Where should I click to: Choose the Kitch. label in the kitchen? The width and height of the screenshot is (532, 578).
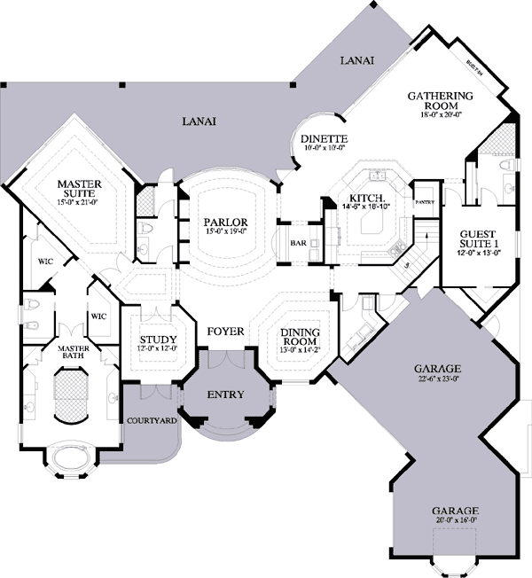click(x=366, y=198)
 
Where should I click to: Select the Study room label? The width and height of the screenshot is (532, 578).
click(x=159, y=340)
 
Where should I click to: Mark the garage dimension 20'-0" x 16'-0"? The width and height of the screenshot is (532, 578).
click(x=456, y=522)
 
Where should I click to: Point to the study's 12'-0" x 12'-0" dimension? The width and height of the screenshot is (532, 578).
click(x=159, y=349)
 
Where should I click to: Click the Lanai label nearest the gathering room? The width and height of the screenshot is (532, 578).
click(x=356, y=60)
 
